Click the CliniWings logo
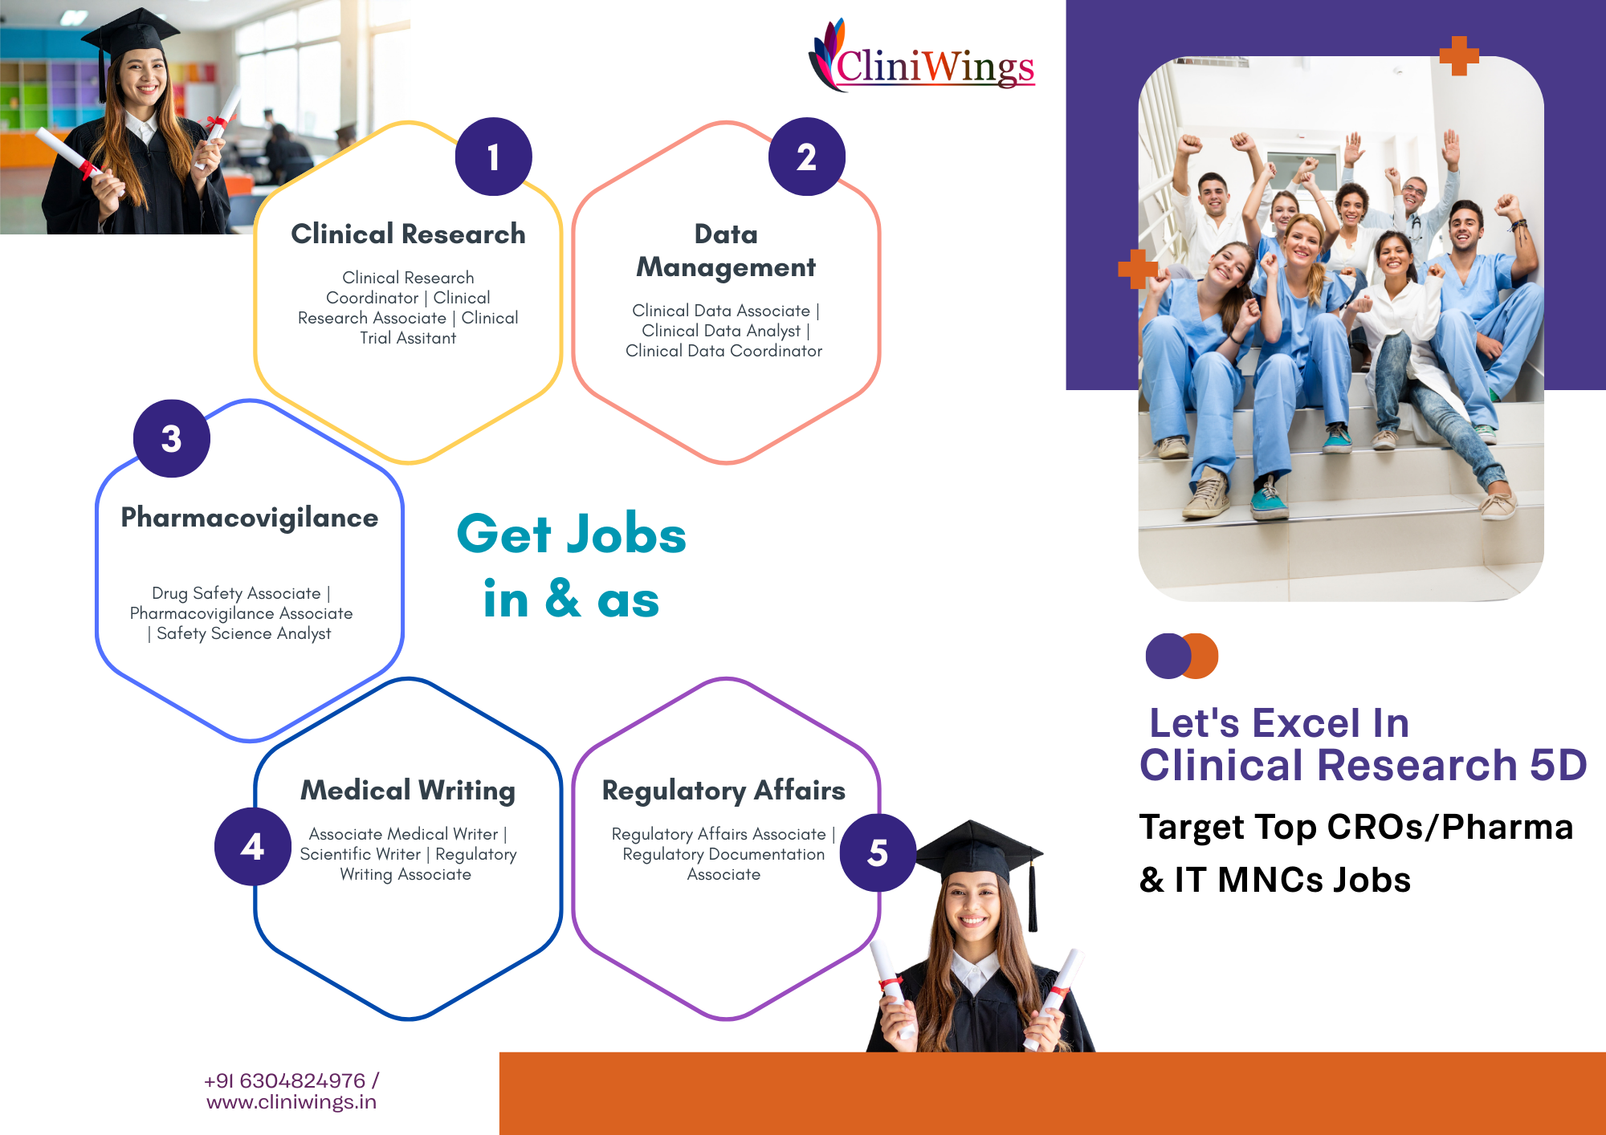[x=922, y=56]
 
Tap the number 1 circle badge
[x=493, y=157]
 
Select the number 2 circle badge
[x=806, y=157]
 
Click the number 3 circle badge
[x=171, y=438]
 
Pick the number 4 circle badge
[x=253, y=846]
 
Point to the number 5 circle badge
[x=878, y=852]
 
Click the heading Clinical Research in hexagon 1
[x=408, y=234]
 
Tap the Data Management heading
[x=726, y=250]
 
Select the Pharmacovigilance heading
[x=250, y=519]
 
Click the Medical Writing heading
[x=408, y=791]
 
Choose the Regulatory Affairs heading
[x=724, y=791]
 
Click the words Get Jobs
[x=572, y=534]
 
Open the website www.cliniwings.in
[x=291, y=1102]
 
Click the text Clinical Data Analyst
[x=721, y=331]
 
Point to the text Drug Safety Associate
[x=236, y=593]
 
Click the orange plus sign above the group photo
[x=1459, y=56]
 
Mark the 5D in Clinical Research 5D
[x=1559, y=764]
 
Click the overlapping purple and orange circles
[x=1182, y=656]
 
